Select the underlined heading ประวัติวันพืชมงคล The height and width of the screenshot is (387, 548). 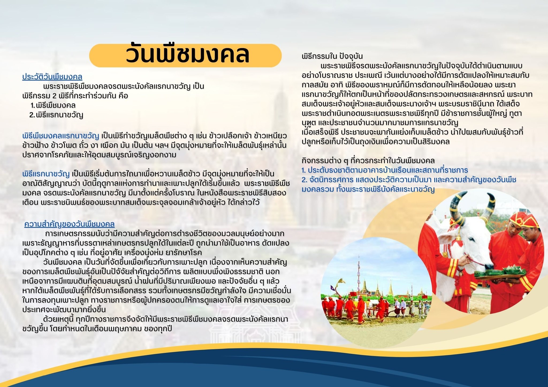[x=52, y=77]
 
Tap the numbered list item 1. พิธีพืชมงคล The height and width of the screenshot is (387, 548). [x=53, y=105]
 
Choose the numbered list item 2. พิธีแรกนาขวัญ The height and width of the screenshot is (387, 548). [x=56, y=115]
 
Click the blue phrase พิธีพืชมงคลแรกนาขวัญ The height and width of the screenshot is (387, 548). [x=61, y=136]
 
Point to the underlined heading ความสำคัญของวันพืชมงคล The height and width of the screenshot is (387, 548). [x=69, y=224]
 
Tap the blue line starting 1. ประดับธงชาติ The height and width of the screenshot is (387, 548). [x=385, y=170]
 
